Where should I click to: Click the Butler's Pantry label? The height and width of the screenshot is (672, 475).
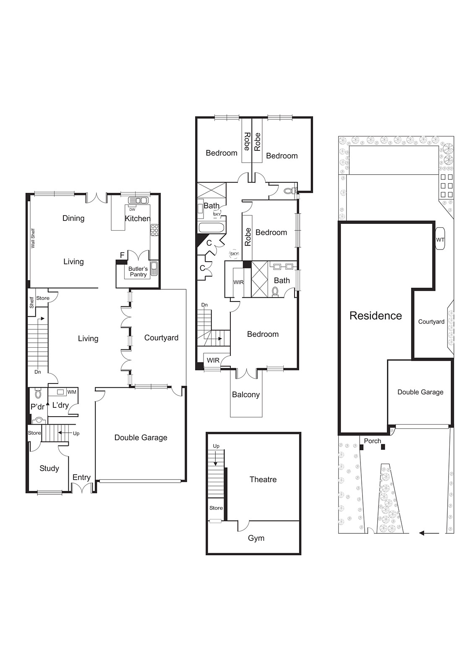(138, 271)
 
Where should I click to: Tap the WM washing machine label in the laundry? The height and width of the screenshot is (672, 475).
(72, 392)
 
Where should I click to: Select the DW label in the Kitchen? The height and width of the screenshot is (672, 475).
(132, 210)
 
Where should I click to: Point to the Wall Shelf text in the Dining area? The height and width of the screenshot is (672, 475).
(33, 238)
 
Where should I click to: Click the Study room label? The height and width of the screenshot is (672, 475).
(49, 468)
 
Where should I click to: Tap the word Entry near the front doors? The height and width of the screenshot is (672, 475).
(81, 477)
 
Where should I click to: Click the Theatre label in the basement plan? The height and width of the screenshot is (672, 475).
(263, 479)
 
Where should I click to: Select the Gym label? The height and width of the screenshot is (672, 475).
(256, 538)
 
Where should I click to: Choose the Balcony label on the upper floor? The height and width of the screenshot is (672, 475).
(246, 394)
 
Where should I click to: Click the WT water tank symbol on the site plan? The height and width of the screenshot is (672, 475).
(440, 240)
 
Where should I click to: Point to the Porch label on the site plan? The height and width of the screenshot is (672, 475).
(373, 441)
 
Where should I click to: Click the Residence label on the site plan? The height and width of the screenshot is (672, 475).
(376, 315)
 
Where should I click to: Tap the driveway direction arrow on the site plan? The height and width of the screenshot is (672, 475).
(429, 533)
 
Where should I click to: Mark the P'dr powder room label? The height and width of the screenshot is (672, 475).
(37, 407)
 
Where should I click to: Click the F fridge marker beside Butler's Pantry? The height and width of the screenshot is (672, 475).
(122, 255)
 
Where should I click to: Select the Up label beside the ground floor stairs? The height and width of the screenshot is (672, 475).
(76, 433)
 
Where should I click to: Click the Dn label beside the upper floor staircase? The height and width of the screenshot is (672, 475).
(204, 305)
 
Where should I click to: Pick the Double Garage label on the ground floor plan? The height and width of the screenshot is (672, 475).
(141, 437)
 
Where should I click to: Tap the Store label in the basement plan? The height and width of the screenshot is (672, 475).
(216, 508)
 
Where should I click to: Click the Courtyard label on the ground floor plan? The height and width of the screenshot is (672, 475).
(161, 338)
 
